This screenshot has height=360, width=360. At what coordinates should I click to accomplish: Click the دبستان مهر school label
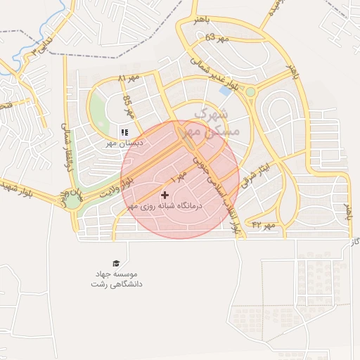[x=124, y=143]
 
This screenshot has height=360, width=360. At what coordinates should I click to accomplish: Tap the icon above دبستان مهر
[x=124, y=131]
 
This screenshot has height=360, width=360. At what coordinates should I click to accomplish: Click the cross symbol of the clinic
[x=165, y=195]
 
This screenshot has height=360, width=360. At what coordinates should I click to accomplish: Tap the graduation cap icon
[x=115, y=262]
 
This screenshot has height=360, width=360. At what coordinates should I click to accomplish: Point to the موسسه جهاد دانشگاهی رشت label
[x=116, y=279]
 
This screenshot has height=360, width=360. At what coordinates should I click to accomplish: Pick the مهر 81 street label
[x=129, y=78]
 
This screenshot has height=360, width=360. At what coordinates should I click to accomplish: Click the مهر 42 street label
[x=262, y=224]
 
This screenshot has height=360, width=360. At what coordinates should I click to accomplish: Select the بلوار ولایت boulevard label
[x=116, y=186]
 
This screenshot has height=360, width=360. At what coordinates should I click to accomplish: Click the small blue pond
[x=225, y=90]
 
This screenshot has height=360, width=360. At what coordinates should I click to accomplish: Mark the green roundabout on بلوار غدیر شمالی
[x=250, y=92]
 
